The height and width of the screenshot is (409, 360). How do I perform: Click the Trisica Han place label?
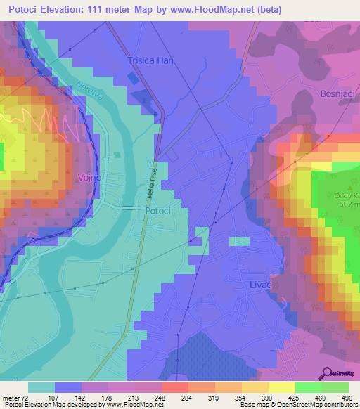pyautogui.click(x=150, y=61)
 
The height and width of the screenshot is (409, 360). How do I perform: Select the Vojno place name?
pyautogui.click(x=89, y=178)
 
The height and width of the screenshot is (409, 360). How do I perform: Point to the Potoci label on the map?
pyautogui.click(x=157, y=210)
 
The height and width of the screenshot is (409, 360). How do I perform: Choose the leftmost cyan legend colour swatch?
pyautogui.click(x=41, y=387)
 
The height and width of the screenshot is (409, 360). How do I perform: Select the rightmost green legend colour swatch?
pyautogui.click(x=335, y=387)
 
